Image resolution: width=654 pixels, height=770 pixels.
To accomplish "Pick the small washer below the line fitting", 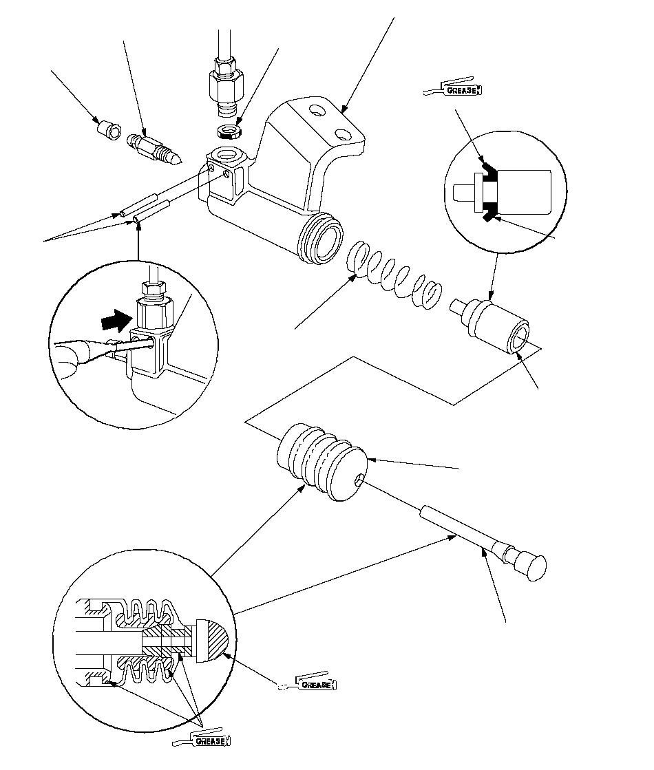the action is pos(229,131).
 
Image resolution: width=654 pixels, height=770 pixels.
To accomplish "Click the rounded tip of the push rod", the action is pos(535,567).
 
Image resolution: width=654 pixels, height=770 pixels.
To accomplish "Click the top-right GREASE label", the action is pos(461,90).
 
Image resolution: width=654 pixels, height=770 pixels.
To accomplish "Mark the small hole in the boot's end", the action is pos(361,480).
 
